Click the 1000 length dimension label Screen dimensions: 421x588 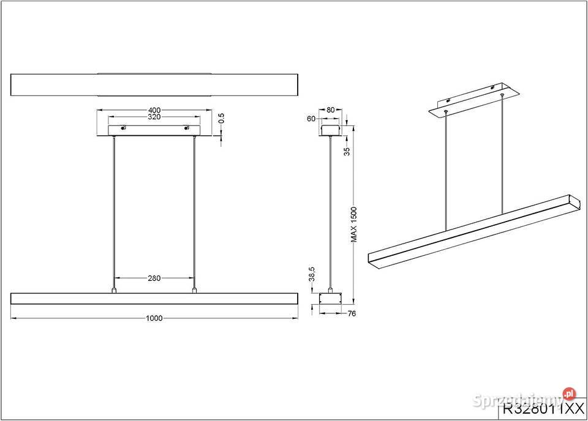click(x=154, y=318)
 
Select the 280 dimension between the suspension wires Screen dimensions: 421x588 click(x=154, y=278)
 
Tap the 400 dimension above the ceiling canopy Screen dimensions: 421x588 click(x=154, y=111)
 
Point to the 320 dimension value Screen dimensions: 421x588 click(x=154, y=117)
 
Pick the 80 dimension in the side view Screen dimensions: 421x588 click(x=331, y=110)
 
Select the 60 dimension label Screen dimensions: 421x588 click(x=311, y=118)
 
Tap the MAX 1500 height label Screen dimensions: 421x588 click(x=354, y=225)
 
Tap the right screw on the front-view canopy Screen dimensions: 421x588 click(x=186, y=129)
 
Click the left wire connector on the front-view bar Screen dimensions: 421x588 click(x=114, y=290)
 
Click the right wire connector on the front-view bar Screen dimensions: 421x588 click(x=195, y=290)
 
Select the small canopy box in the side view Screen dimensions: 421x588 click(x=331, y=130)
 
